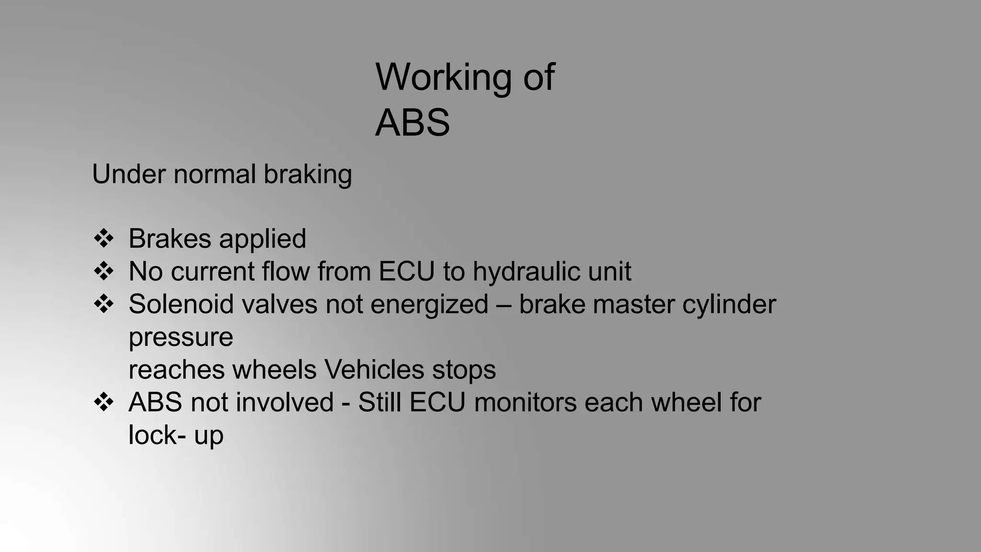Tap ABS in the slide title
coord(412,123)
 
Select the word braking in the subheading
coord(308,174)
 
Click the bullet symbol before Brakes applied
coord(103,239)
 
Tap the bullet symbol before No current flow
coord(103,271)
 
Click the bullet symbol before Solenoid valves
coord(103,304)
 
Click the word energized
coord(429,305)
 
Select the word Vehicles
coord(374,370)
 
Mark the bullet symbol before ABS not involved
coord(103,402)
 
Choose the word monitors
coord(525,402)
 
